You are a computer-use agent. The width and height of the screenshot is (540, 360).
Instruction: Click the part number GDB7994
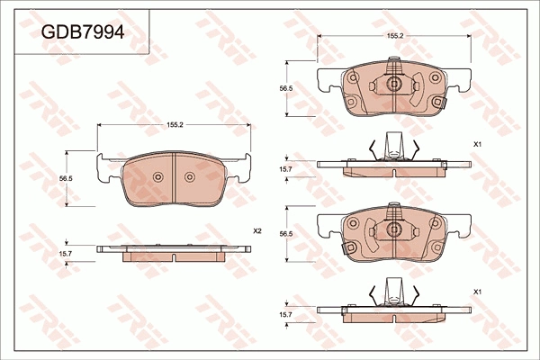pos(83,32)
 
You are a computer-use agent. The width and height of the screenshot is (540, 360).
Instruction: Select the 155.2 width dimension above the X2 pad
pos(175,125)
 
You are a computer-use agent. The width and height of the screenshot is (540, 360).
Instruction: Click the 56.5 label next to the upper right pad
pos(286,88)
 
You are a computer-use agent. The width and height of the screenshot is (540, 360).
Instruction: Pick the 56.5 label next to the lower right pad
pos(286,234)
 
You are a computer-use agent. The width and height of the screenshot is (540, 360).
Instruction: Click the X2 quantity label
pos(257,231)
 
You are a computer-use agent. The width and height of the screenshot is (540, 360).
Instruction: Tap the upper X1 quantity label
pos(477,145)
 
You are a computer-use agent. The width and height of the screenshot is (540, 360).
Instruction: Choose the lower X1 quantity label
pos(477,292)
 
